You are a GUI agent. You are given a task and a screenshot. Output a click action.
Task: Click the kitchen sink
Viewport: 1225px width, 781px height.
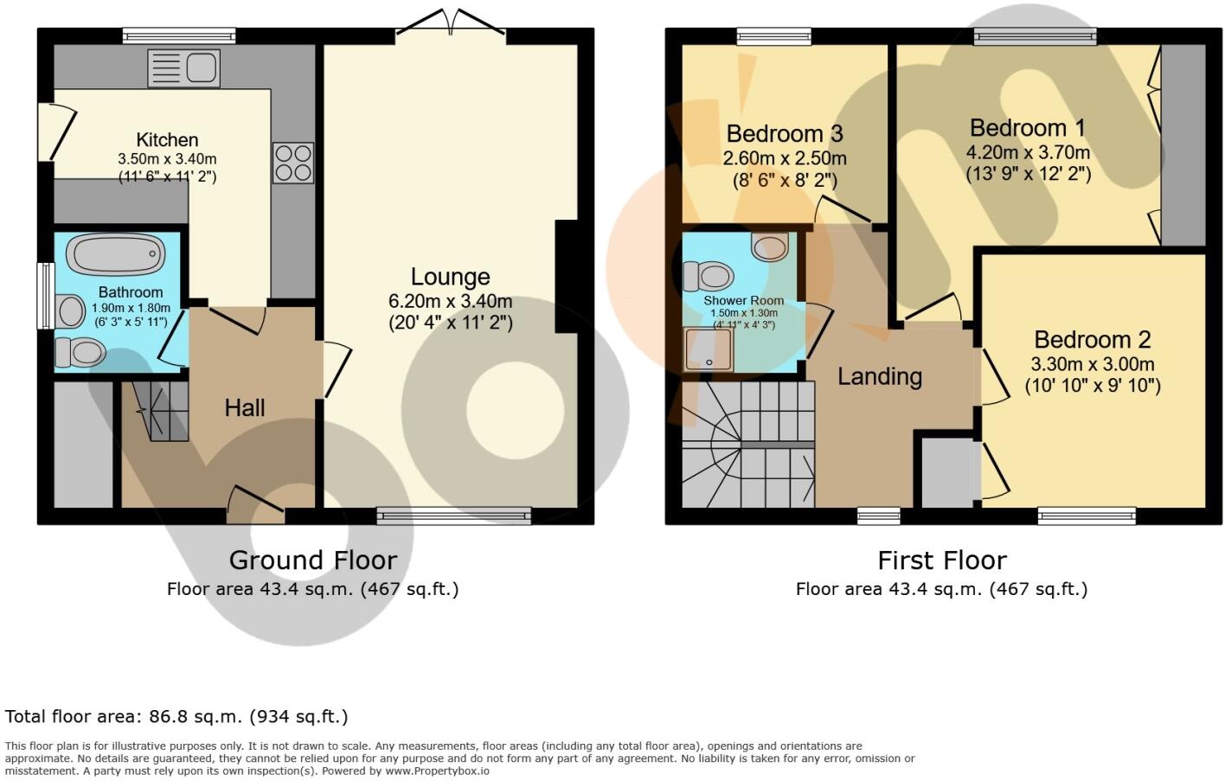183,68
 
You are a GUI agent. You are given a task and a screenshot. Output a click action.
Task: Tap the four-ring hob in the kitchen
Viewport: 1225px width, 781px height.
293,163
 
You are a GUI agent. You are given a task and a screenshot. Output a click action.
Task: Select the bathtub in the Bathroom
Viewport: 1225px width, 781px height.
116,254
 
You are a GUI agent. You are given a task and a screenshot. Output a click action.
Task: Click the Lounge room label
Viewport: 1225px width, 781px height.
450,277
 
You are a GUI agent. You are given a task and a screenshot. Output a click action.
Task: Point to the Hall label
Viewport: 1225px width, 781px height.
245,408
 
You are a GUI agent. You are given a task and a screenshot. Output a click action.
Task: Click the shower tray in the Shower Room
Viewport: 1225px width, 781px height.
709,349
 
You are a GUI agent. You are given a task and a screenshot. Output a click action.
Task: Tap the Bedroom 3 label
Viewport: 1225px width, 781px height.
785,134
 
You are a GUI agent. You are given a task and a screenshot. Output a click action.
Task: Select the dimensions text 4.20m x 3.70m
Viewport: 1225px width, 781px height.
1028,152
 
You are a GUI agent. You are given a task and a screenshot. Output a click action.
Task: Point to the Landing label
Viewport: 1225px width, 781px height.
880,376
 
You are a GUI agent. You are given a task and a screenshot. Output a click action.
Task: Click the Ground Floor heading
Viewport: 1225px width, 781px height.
312,560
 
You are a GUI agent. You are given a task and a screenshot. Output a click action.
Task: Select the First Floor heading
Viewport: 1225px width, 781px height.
942,560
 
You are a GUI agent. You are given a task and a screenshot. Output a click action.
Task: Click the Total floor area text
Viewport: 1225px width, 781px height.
176,716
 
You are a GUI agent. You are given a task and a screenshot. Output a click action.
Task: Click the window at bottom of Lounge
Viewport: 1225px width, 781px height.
454,516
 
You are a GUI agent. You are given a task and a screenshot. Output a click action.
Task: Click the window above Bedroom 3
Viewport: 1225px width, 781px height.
774,36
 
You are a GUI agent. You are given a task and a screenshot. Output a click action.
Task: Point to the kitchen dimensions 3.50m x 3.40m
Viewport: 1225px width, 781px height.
167,159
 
